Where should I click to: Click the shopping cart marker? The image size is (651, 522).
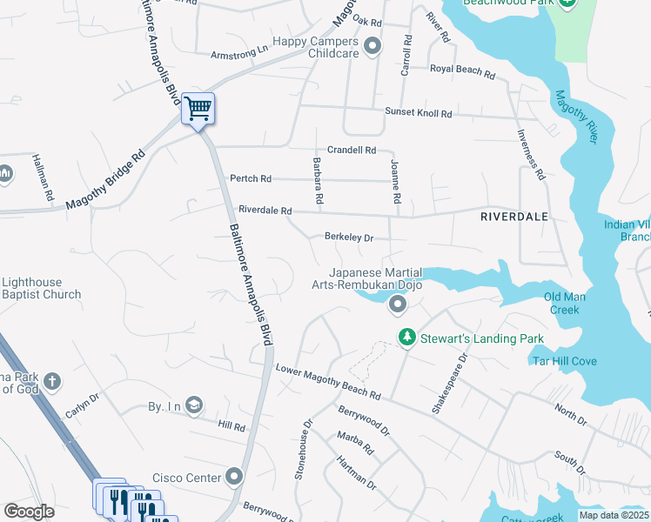point(198,110)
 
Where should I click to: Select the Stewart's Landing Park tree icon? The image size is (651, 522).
point(406,338)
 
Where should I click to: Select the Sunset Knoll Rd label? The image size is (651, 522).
point(419,113)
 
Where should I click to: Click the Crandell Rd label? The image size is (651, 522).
point(352,150)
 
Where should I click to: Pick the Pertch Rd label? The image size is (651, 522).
point(251,179)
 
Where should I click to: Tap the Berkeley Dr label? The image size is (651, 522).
point(348,237)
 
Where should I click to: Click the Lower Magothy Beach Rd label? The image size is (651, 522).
point(328,381)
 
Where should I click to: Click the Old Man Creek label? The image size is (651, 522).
point(565,304)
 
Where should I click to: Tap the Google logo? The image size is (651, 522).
point(29,512)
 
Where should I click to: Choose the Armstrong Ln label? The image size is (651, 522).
point(238,54)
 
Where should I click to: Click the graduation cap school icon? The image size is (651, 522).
point(193,405)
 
